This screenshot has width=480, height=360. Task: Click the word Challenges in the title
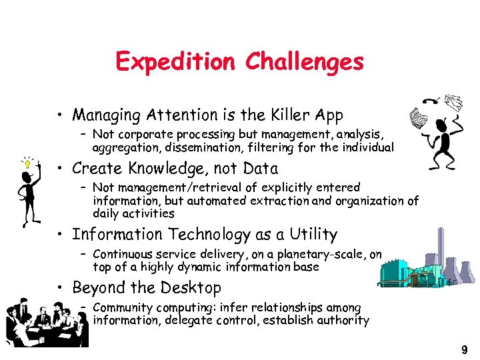[304, 62]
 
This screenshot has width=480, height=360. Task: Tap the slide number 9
[464, 349]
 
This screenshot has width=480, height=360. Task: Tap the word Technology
[207, 235]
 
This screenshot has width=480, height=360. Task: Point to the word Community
[122, 307]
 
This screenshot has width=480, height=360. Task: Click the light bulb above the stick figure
[27, 162]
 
